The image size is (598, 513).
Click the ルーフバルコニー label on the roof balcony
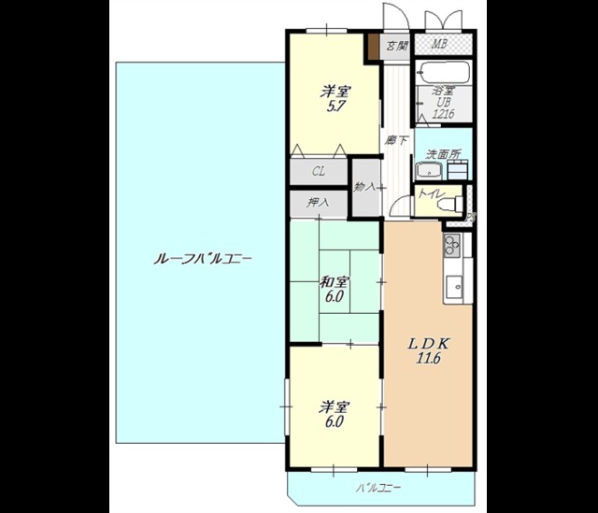point(202,258)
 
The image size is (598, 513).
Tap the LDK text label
point(422,342)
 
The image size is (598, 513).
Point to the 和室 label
point(335,282)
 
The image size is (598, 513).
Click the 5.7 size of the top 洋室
point(335,107)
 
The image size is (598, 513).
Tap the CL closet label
point(319,172)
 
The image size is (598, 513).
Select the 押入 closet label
point(319,202)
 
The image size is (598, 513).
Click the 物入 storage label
point(364,187)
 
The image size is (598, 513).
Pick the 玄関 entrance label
point(397,45)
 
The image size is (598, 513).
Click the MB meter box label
point(438,44)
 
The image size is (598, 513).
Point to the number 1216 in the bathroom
point(443,114)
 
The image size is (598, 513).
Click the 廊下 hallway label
point(396,141)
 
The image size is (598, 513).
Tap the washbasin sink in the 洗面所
point(429,171)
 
